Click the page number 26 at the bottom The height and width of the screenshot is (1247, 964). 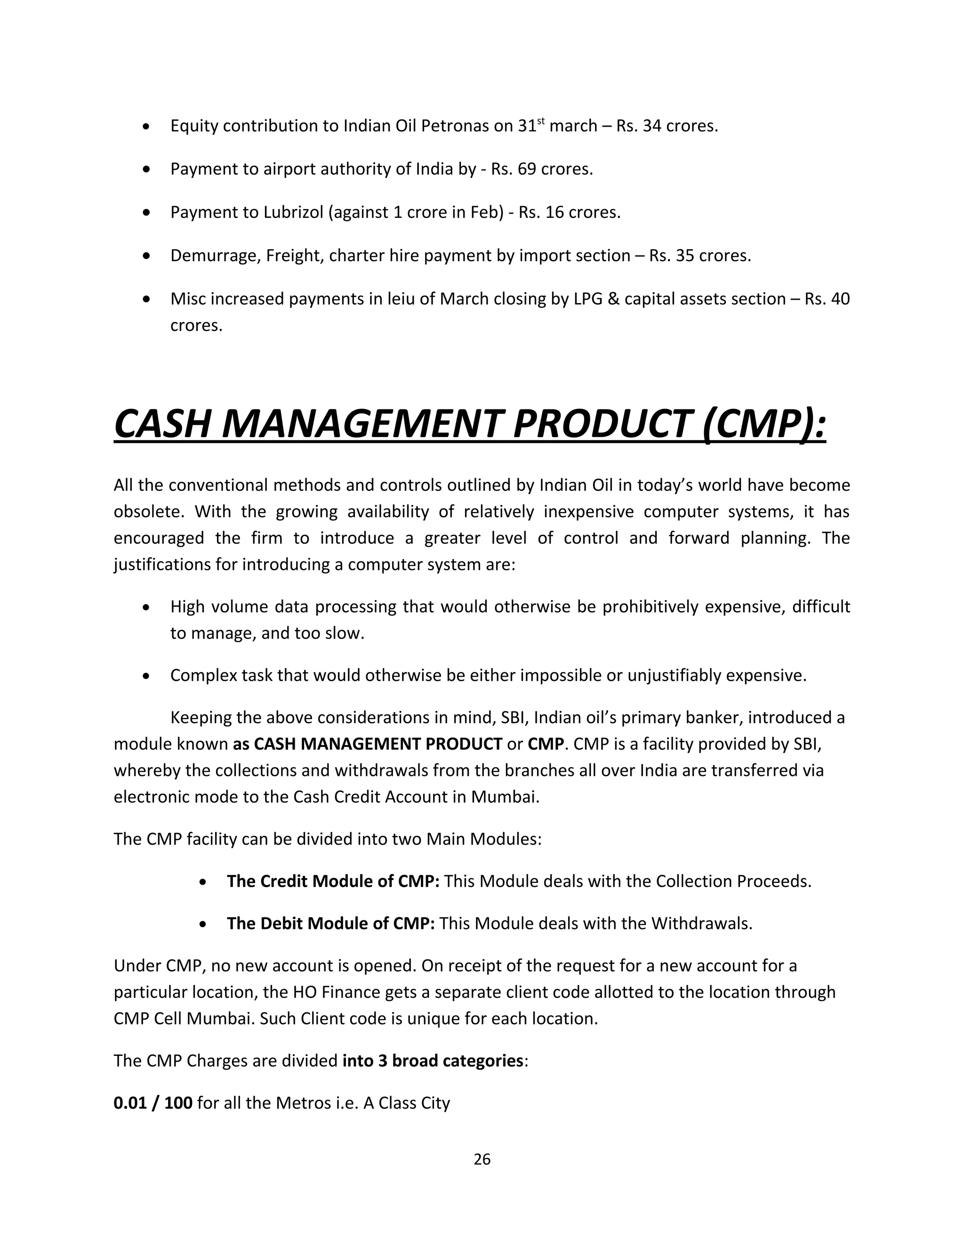482,1159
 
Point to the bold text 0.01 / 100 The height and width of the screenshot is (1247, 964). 153,1103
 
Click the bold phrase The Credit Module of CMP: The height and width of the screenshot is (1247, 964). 333,881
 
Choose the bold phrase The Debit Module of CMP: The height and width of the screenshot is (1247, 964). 330,923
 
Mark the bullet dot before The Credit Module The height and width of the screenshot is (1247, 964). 204,882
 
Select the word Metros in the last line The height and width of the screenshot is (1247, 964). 301,1103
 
